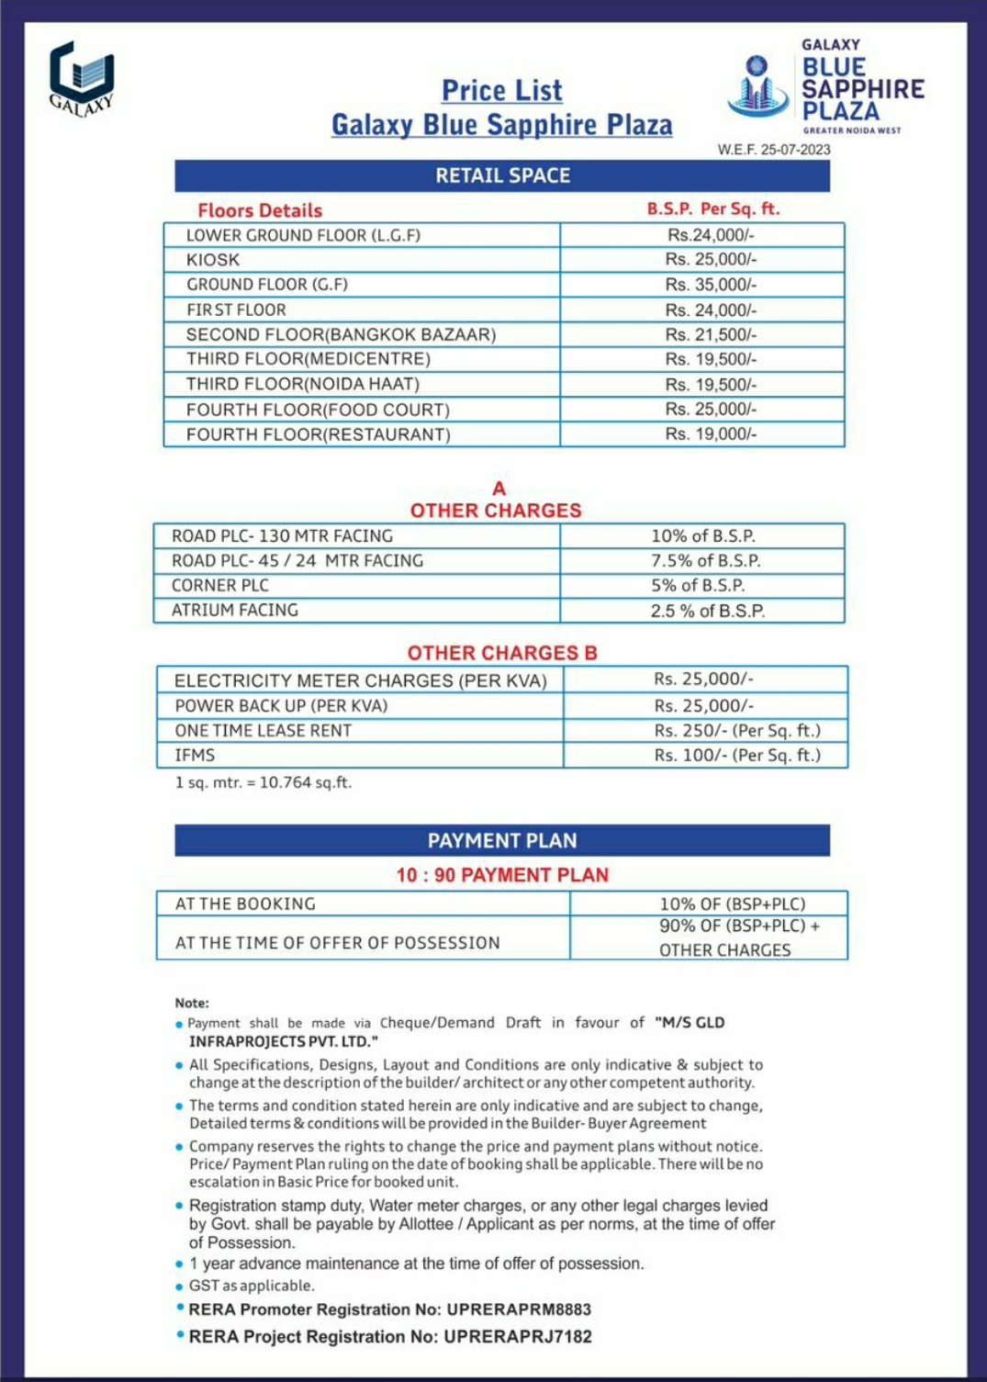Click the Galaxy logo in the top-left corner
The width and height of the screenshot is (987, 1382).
click(82, 78)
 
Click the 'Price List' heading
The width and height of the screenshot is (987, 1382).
click(501, 91)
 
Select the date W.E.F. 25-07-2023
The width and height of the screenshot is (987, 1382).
click(774, 150)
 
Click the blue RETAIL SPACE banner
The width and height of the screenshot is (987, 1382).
click(502, 175)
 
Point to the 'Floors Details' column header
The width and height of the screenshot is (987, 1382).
click(260, 210)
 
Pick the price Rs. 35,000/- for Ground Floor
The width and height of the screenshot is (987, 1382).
click(711, 285)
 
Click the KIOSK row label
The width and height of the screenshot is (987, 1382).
click(213, 260)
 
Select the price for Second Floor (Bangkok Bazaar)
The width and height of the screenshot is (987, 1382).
click(711, 334)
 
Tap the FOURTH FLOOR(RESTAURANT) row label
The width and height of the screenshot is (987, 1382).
click(318, 434)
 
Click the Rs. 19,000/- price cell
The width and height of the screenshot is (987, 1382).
click(711, 433)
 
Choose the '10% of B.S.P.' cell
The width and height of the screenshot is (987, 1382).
click(703, 535)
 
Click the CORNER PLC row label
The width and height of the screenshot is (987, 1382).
click(220, 585)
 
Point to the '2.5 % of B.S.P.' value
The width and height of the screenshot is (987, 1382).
click(707, 611)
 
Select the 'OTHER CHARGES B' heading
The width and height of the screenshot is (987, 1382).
click(502, 653)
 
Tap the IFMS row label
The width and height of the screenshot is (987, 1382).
click(195, 755)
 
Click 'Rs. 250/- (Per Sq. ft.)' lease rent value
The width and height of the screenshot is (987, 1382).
click(737, 730)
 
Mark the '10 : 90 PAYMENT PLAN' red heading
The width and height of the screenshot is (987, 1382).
click(502, 875)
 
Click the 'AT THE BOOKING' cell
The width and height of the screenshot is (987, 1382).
click(245, 904)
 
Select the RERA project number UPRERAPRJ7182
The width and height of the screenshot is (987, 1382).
click(518, 1336)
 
